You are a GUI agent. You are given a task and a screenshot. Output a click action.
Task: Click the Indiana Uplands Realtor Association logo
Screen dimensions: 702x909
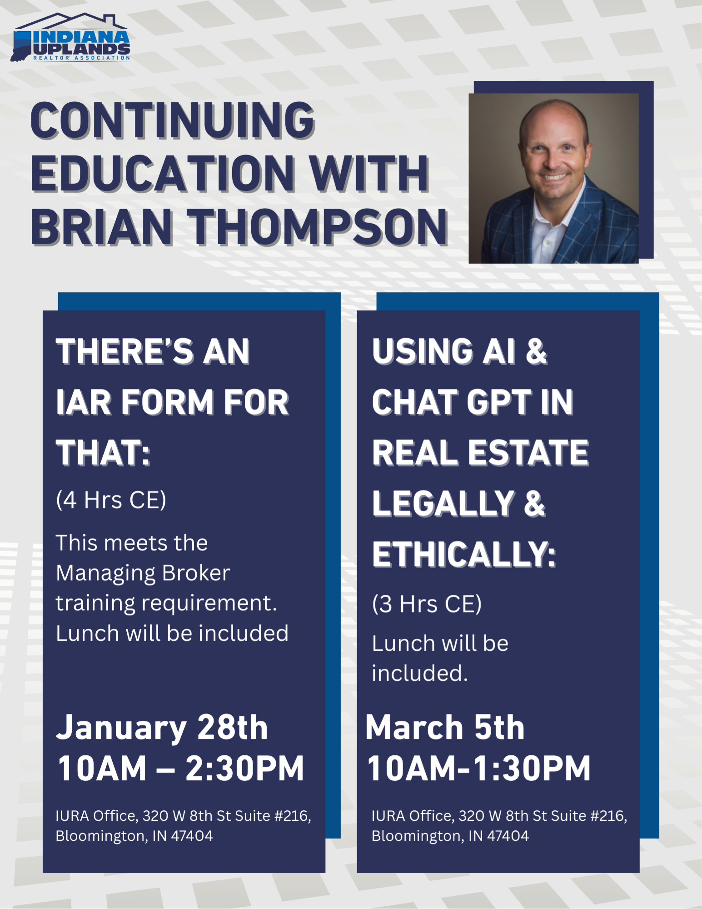pos(70,37)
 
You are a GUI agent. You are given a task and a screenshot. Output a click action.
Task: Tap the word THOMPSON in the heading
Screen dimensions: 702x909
pos(318,227)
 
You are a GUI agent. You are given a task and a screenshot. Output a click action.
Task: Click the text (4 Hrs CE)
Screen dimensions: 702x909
pos(111,500)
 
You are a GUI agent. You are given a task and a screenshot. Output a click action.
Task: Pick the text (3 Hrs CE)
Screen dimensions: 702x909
pos(427,604)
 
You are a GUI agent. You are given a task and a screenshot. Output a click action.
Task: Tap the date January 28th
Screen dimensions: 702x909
pos(162,728)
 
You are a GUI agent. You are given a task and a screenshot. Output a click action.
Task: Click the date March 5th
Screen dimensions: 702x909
pos(445,727)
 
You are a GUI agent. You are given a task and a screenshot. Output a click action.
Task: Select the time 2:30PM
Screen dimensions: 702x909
pos(245,768)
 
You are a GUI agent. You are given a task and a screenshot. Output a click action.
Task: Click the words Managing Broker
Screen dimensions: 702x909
pos(143,573)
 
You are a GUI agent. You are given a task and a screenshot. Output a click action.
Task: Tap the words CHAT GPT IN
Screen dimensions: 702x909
pos(473,402)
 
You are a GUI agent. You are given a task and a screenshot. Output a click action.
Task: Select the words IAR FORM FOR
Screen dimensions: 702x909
pos(173,402)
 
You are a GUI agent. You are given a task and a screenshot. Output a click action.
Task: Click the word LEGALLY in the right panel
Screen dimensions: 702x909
pos(443,504)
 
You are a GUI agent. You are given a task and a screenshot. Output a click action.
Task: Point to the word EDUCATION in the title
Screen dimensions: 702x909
pos(163,174)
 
